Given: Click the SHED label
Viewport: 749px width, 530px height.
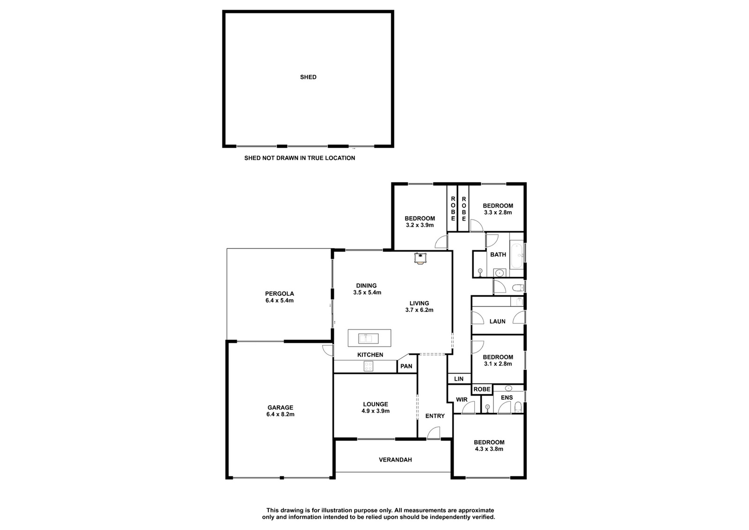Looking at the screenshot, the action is [308, 77].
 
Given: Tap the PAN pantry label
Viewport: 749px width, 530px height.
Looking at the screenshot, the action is [406, 366].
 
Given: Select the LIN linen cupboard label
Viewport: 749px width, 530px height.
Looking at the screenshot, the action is [459, 379].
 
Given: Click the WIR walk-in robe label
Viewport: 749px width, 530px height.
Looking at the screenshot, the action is [462, 399].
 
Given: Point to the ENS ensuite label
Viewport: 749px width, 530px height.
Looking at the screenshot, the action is [507, 397].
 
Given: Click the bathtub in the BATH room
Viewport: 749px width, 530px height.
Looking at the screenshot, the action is [517, 256].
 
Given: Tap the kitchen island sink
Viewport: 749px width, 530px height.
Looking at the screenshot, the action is [369, 339].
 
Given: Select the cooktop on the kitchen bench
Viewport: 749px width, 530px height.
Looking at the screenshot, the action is [368, 367].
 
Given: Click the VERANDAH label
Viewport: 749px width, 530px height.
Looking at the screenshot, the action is [395, 460].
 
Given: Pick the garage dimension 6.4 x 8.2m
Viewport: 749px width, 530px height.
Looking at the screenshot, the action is [280, 414].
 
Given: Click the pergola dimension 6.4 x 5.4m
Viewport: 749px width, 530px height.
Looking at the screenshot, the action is [279, 300].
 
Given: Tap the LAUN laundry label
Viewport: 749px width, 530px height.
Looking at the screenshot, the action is [497, 321].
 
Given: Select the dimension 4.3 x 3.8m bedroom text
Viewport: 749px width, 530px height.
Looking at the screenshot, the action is [489, 449].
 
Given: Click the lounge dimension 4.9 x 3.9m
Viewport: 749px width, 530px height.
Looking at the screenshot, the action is [375, 411].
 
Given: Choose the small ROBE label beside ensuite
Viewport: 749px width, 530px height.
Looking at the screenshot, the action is [482, 389].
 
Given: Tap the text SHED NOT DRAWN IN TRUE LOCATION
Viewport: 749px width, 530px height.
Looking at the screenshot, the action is [300, 158].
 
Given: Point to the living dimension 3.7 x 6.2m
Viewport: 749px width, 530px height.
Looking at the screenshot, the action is [419, 310].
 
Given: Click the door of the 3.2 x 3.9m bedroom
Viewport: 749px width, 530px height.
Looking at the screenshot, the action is [441, 242].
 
